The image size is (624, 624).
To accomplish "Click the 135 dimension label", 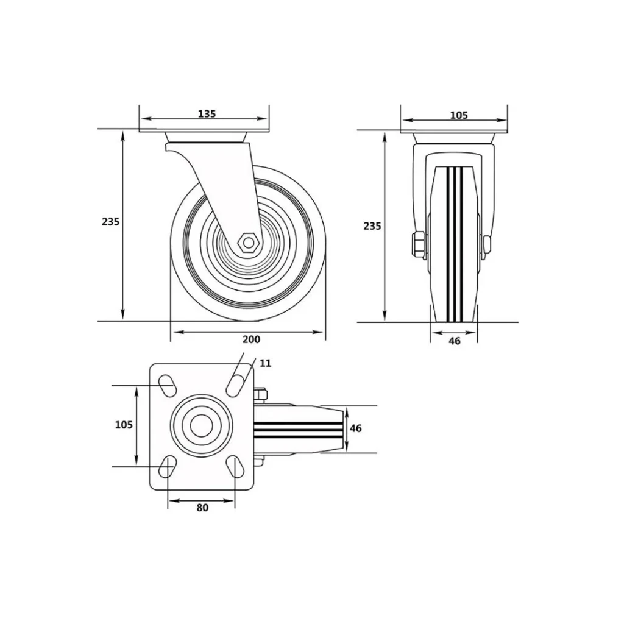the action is tap(207, 114).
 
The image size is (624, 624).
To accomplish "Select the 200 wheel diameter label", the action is tap(251, 339).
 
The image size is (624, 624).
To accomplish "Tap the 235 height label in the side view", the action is tap(110, 221).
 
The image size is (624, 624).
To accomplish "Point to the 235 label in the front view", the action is tap(372, 226).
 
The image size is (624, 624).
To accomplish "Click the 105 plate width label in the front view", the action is tap(459, 115).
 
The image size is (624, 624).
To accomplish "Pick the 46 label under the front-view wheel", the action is tap(455, 341).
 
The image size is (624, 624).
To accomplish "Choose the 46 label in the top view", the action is tap(356, 428).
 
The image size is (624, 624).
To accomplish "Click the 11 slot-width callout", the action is tap(266, 363).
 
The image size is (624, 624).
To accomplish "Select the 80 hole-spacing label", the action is tap(202, 508).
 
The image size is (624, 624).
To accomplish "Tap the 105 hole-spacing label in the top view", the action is tap(124, 425).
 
